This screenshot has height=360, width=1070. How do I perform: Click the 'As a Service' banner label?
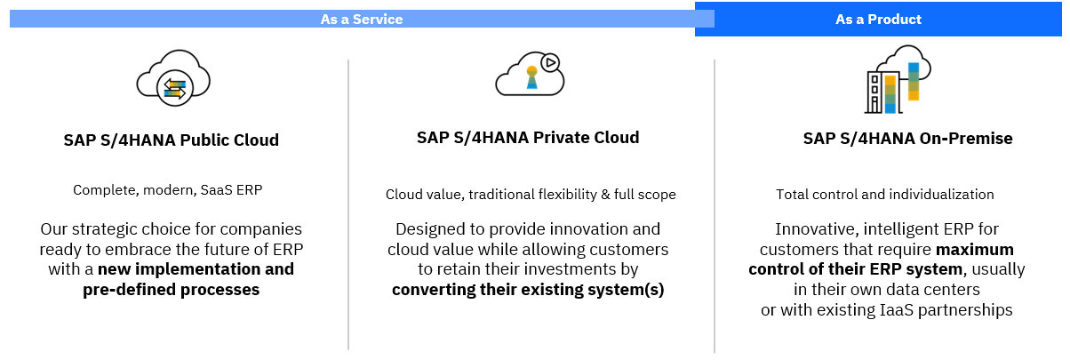(x=362, y=20)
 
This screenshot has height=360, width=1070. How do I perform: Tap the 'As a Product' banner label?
(x=878, y=20)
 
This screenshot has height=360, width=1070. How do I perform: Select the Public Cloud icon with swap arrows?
(x=173, y=78)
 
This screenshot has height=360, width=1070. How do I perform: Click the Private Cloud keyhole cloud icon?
(x=530, y=74)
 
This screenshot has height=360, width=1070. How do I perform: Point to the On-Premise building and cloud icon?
(x=898, y=79)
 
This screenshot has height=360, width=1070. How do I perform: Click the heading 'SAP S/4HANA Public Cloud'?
(x=171, y=140)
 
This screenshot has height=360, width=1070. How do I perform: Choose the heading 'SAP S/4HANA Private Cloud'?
(x=528, y=138)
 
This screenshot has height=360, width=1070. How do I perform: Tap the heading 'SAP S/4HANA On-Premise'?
(x=907, y=139)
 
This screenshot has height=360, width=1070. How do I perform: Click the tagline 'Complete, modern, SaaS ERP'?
(x=168, y=190)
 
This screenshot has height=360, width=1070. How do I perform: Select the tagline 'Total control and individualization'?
(x=884, y=194)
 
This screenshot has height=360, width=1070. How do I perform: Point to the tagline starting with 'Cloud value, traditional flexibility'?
(x=531, y=195)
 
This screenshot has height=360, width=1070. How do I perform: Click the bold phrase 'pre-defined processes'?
(x=171, y=290)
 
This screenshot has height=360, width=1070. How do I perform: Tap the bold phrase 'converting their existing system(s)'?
(x=528, y=290)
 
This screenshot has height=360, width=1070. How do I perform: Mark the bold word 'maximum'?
(x=974, y=250)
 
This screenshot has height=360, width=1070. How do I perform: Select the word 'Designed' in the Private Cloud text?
(x=426, y=229)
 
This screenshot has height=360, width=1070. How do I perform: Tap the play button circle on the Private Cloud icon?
(x=550, y=62)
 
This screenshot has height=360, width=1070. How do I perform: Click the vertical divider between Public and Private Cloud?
(x=348, y=204)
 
